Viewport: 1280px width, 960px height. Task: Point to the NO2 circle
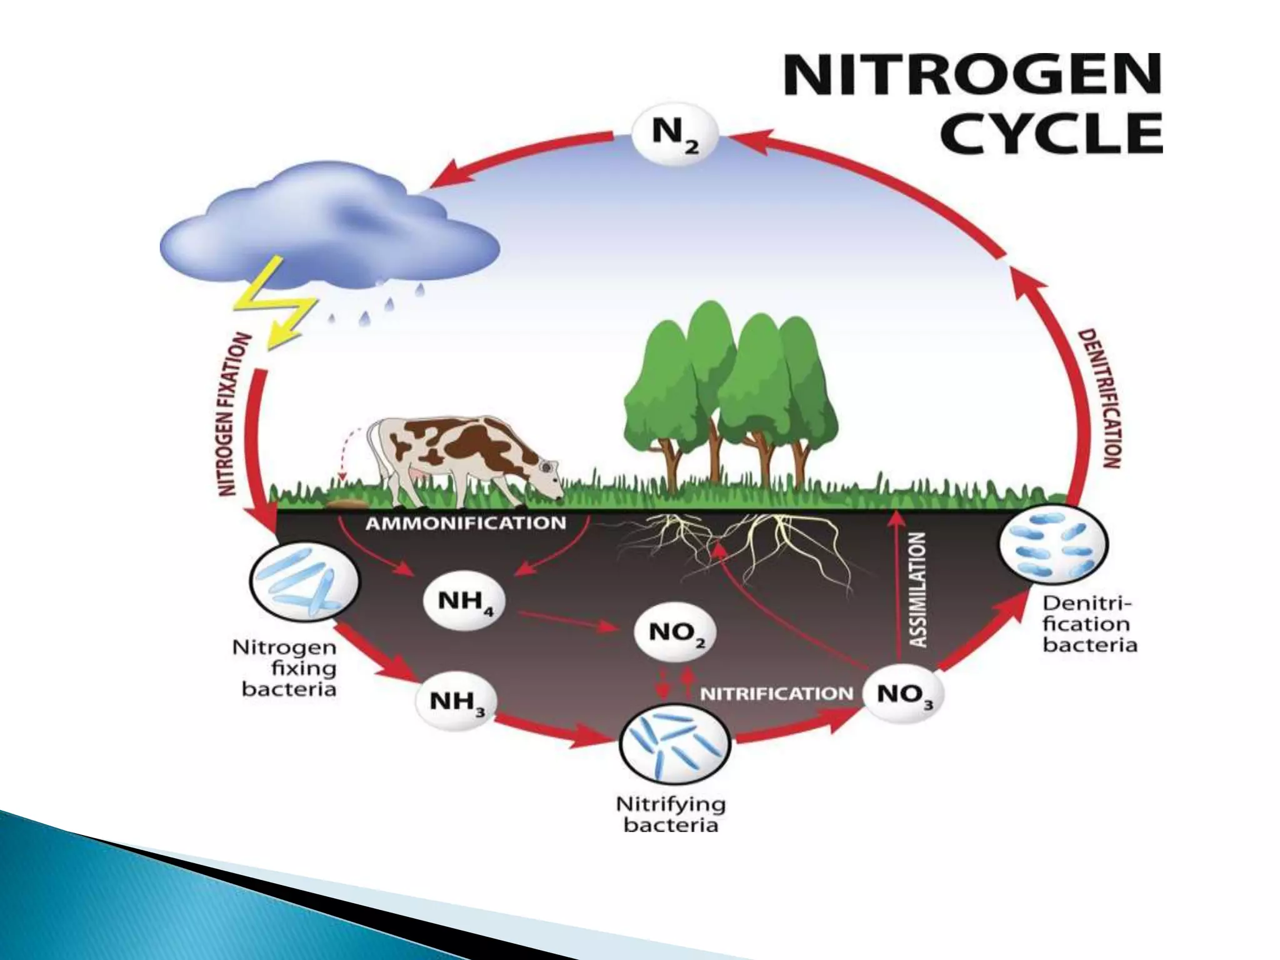(x=674, y=634)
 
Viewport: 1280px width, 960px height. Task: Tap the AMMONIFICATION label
(x=465, y=524)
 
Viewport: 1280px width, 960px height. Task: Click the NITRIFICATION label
(x=776, y=694)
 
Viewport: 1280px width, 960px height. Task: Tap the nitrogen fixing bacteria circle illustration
(x=304, y=580)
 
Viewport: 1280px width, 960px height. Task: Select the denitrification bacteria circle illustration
(x=1052, y=543)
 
